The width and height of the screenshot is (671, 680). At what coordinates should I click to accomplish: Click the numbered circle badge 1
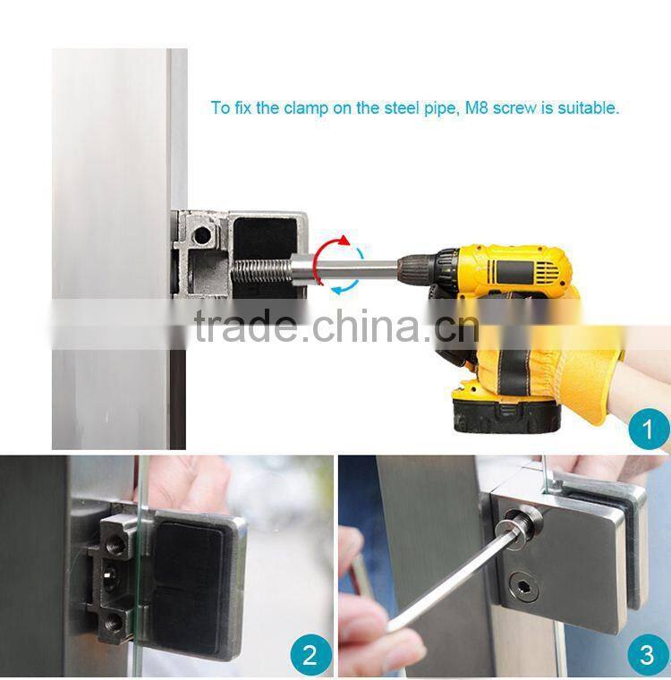[647, 431]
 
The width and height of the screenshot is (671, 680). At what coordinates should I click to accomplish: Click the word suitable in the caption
[588, 108]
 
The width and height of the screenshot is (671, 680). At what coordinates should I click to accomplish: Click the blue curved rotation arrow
[344, 285]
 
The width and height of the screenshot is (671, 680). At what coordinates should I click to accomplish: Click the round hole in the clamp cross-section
[203, 235]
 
